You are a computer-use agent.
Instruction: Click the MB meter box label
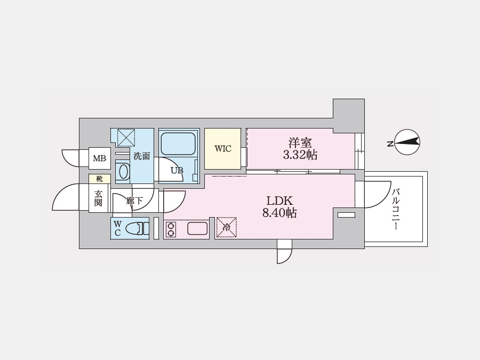click(x=100, y=158)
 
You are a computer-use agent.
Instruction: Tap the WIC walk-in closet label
click(x=223, y=149)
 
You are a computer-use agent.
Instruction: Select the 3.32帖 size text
click(x=300, y=155)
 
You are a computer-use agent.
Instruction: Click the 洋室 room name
click(x=300, y=143)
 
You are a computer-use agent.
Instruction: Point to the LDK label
click(x=280, y=201)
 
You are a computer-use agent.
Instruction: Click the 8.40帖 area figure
click(x=279, y=212)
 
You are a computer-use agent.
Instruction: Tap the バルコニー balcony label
click(x=396, y=210)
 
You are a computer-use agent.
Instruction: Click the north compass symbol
click(x=406, y=142)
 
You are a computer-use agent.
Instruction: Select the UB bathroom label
click(x=177, y=171)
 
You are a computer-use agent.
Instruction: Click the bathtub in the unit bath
click(x=179, y=143)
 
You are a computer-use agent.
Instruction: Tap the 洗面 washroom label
click(x=142, y=156)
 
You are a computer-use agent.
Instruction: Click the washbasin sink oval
click(x=123, y=172)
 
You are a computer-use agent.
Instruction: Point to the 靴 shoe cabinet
click(x=100, y=179)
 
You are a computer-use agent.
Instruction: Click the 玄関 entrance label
click(x=98, y=198)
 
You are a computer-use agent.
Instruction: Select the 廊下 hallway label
click(x=134, y=201)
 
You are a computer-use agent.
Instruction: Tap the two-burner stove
click(x=171, y=229)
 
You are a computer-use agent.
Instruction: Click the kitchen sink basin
click(x=197, y=228)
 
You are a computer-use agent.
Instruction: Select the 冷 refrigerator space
click(x=227, y=227)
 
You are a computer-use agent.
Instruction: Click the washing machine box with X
click(x=126, y=138)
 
